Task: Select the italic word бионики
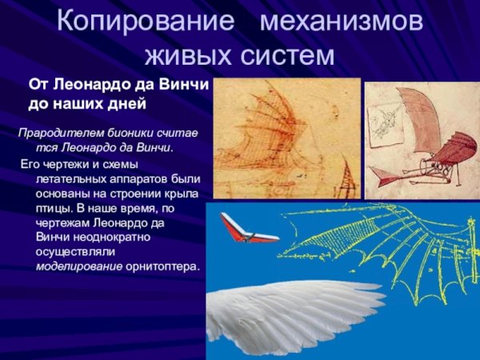[125, 132]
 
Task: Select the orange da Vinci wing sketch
[284, 136]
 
